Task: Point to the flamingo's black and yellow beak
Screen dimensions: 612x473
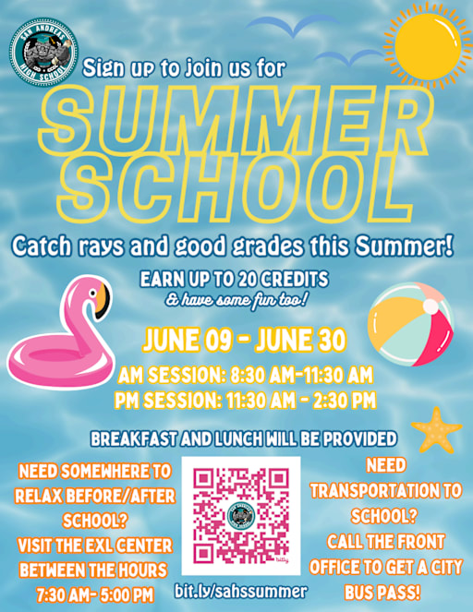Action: (x=102, y=297)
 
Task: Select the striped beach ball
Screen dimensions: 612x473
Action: (x=410, y=323)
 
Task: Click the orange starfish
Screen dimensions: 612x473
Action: (x=436, y=429)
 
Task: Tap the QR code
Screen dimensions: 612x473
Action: (x=241, y=514)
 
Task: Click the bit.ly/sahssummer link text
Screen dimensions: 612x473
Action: (x=241, y=590)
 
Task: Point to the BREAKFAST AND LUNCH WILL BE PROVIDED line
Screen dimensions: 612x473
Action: (x=244, y=438)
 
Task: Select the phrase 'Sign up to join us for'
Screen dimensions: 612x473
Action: (x=184, y=67)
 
